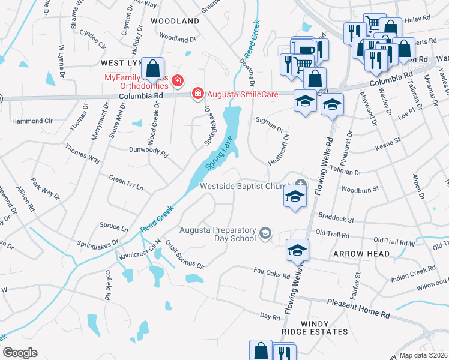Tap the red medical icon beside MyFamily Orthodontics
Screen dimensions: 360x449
[177, 80]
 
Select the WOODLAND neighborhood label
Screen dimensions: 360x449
[175, 21]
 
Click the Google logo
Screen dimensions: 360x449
[20, 353]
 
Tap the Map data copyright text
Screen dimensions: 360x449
[424, 355]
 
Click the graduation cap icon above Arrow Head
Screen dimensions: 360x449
[297, 251]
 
